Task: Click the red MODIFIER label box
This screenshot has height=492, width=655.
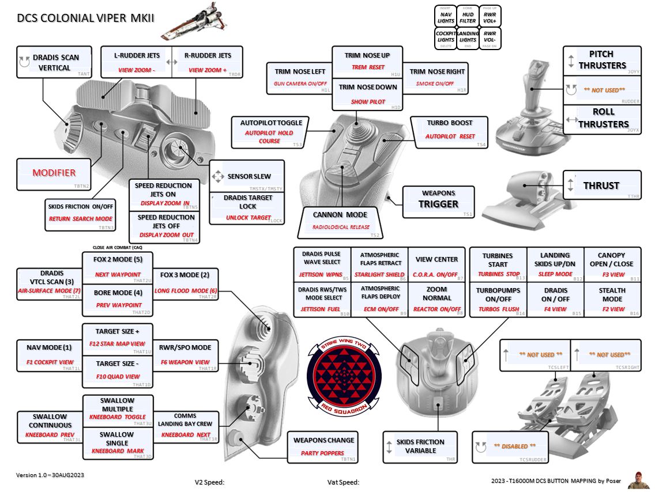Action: [54, 173]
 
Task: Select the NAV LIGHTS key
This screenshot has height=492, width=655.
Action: [446, 17]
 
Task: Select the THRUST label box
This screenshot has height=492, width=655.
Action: [601, 186]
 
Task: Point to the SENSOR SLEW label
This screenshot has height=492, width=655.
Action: [248, 177]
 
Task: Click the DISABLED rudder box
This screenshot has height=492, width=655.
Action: [510, 446]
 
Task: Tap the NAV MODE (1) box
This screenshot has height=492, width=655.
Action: [49, 354]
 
